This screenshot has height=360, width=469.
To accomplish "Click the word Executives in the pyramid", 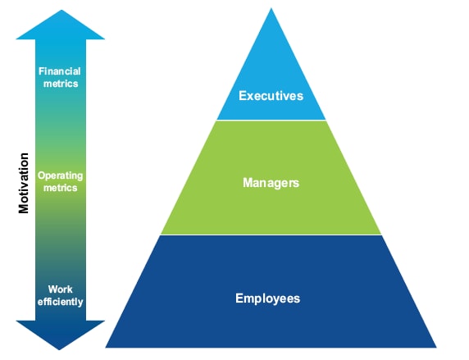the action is (x=271, y=96).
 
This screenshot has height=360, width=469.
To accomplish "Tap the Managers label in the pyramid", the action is (x=271, y=183).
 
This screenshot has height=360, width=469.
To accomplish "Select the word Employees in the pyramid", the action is (x=267, y=298).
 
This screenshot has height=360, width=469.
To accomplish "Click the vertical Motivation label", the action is (x=23, y=183).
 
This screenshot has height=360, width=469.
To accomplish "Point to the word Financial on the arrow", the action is (x=60, y=71).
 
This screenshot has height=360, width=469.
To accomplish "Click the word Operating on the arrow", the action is (x=60, y=175).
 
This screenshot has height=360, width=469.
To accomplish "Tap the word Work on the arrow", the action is (x=60, y=289).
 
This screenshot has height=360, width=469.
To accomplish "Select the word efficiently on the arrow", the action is (x=60, y=302).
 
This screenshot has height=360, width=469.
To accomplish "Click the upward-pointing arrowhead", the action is (x=61, y=25).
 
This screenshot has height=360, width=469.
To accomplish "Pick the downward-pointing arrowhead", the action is (x=60, y=335).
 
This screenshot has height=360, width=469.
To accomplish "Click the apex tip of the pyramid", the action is (x=271, y=8).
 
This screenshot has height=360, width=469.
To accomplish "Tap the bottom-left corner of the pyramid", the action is (x=106, y=348).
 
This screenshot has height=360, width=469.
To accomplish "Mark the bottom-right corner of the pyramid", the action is (x=436, y=348).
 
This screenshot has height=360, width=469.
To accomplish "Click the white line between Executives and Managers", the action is (x=271, y=120).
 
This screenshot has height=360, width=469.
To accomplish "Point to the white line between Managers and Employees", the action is (x=271, y=235).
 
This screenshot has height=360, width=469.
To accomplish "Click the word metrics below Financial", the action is (x=61, y=84).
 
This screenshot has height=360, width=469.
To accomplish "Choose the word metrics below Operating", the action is (x=61, y=188).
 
